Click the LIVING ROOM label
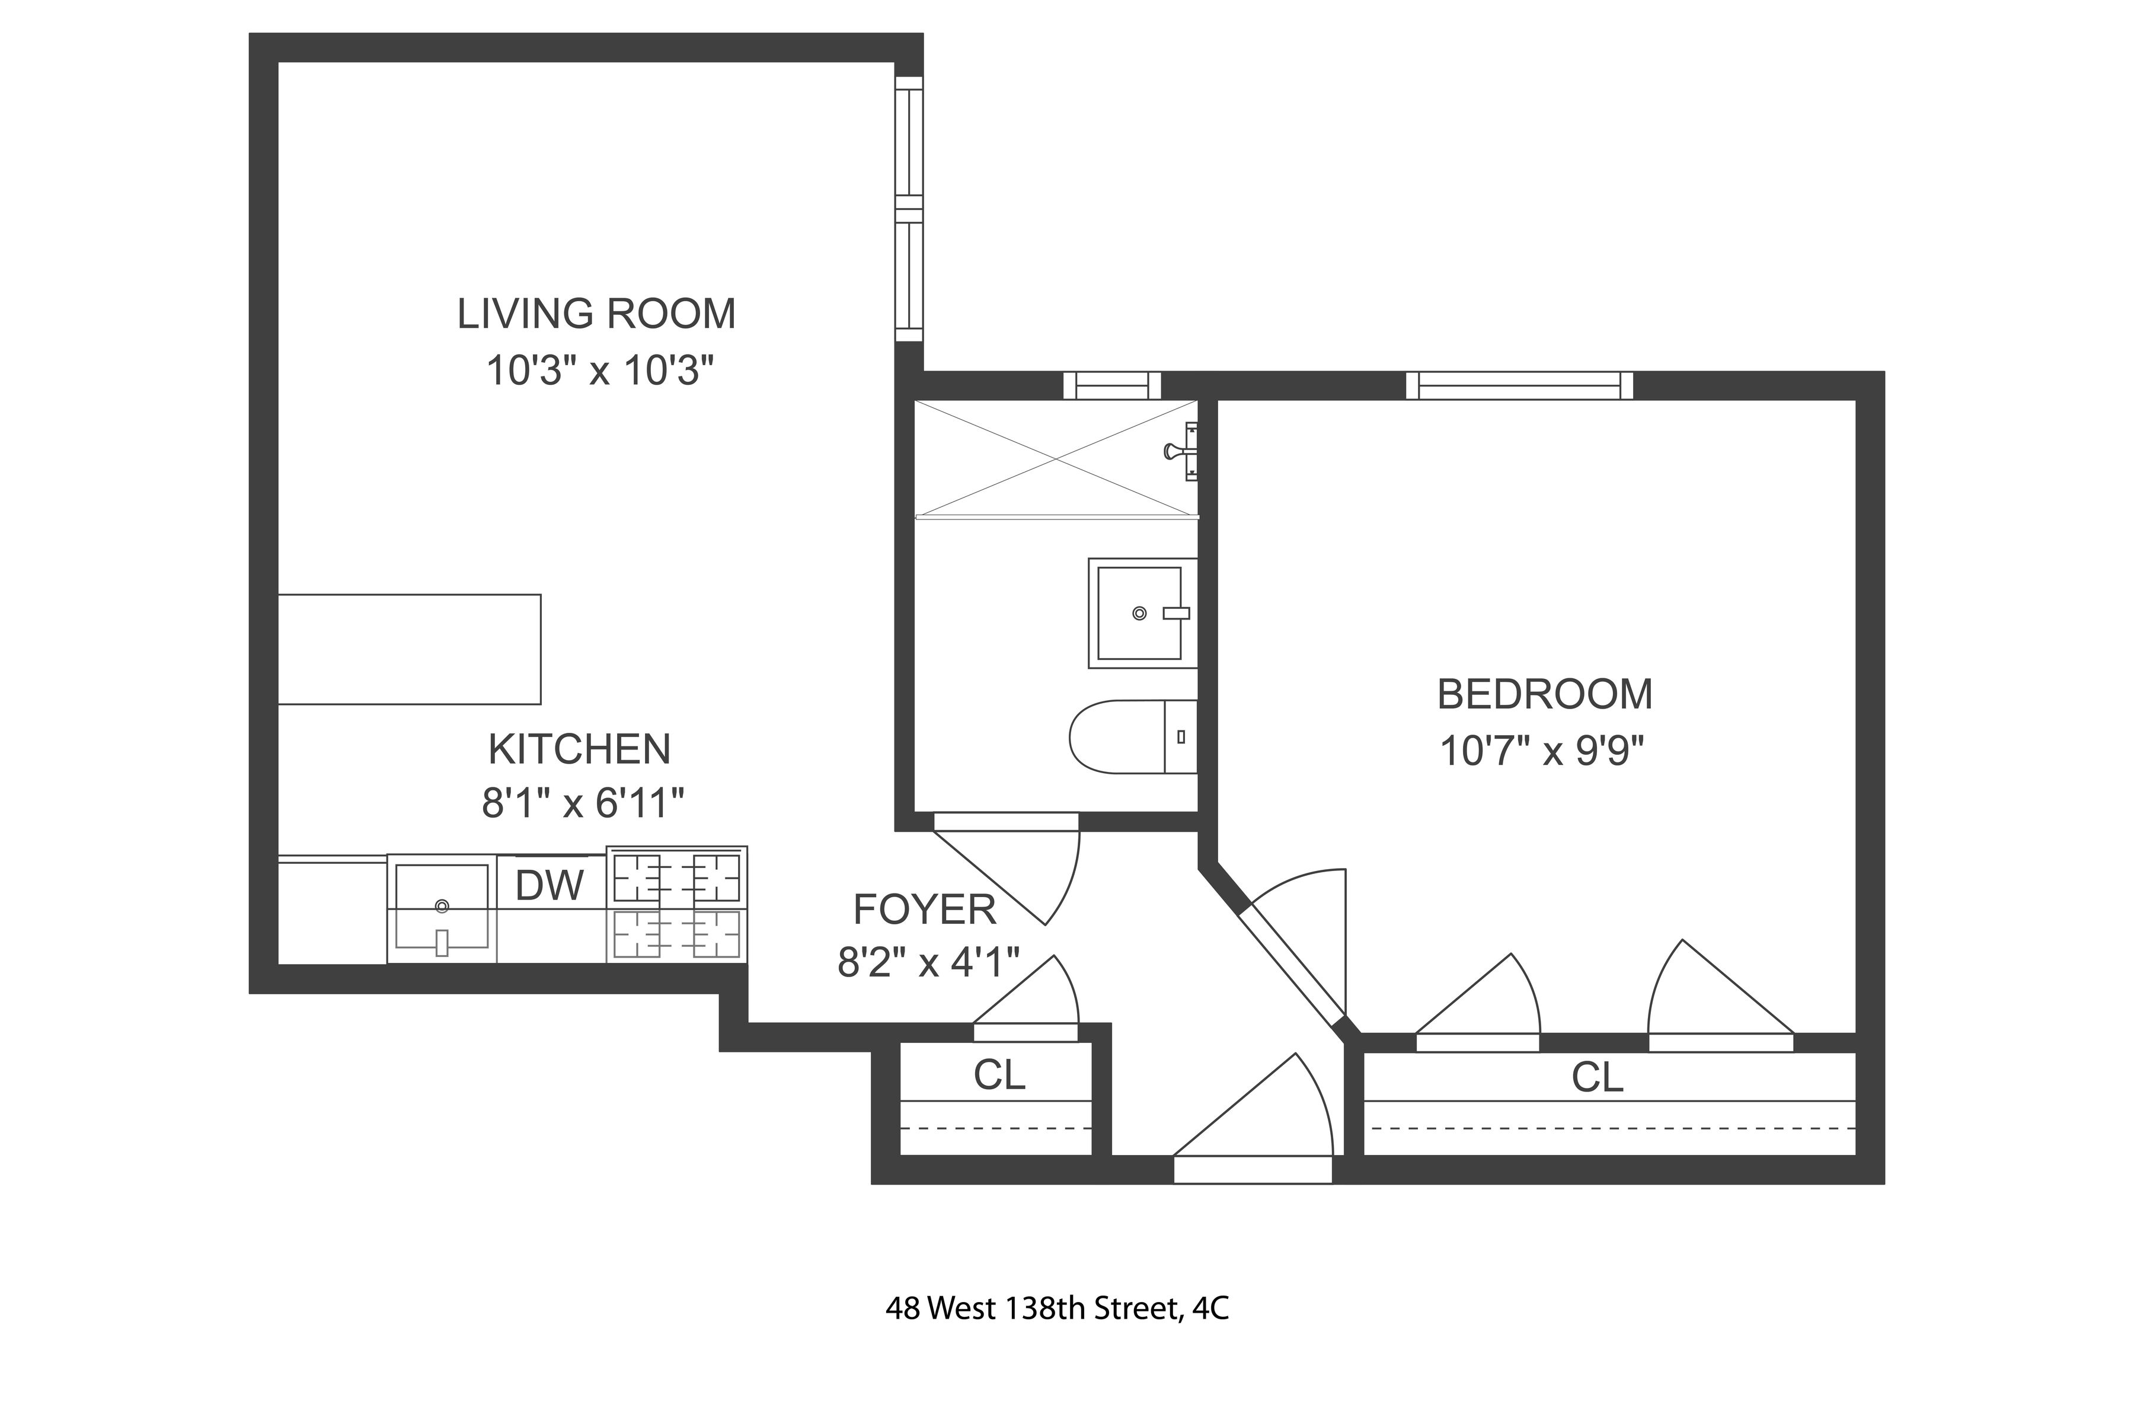[x=596, y=314]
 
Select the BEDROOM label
[x=1544, y=694]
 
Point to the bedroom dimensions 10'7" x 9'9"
[x=1542, y=751]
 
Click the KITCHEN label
[x=580, y=749]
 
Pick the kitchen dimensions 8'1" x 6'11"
[x=583, y=803]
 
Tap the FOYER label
[x=925, y=910]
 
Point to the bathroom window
[x=1111, y=386]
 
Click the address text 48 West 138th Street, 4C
[x=1057, y=1309]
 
